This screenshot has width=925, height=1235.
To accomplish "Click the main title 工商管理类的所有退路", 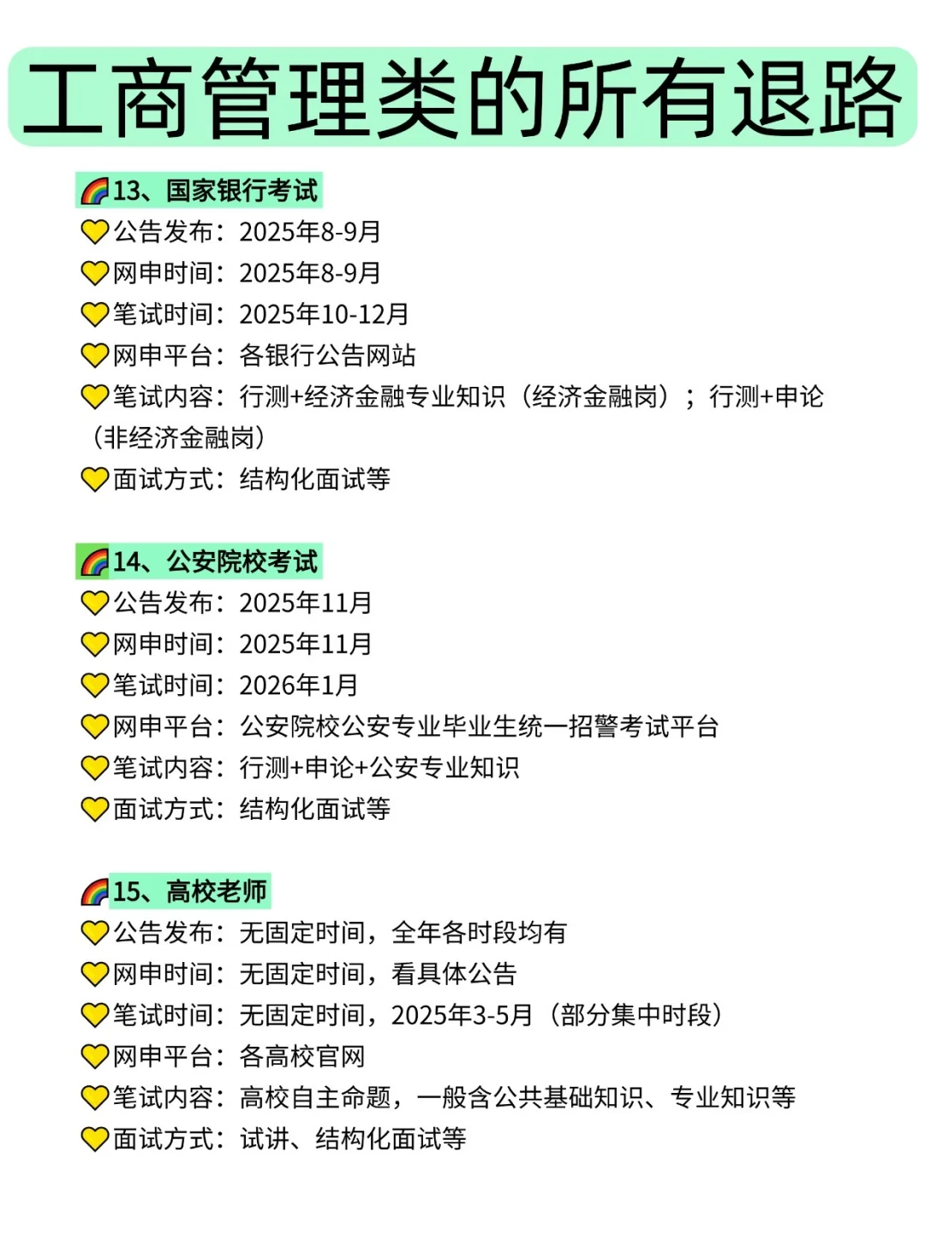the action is (462, 97).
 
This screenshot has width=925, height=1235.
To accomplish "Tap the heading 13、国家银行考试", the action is (215, 190).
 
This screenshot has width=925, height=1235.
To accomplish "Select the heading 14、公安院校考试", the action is (215, 561).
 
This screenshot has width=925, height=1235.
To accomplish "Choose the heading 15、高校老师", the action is (190, 891).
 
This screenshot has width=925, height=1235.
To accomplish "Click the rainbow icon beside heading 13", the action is (94, 191).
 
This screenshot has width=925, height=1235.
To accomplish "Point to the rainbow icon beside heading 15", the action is (94, 892).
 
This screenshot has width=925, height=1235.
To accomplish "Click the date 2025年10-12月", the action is (324, 314).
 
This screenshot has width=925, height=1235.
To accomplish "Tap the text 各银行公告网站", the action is (327, 355).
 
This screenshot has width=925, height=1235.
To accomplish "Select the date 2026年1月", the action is (298, 685).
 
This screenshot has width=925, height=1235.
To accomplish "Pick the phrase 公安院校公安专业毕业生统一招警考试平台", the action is (479, 727).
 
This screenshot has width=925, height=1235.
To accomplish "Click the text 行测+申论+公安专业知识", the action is (379, 768).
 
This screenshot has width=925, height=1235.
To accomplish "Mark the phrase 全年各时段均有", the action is (479, 932).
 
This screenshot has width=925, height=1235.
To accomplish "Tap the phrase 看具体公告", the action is (454, 973).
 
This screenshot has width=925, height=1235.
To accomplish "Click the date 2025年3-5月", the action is (462, 1015).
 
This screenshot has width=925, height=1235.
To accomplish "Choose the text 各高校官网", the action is (301, 1056).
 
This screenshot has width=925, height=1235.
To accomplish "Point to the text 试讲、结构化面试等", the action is (353, 1138).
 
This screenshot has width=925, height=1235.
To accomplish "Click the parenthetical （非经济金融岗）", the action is (178, 437).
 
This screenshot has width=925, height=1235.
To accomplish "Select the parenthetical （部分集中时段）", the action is (636, 1015).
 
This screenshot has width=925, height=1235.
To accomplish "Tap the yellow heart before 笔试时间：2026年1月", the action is (94, 686).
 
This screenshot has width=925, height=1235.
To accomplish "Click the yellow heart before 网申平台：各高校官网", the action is (94, 1057).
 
